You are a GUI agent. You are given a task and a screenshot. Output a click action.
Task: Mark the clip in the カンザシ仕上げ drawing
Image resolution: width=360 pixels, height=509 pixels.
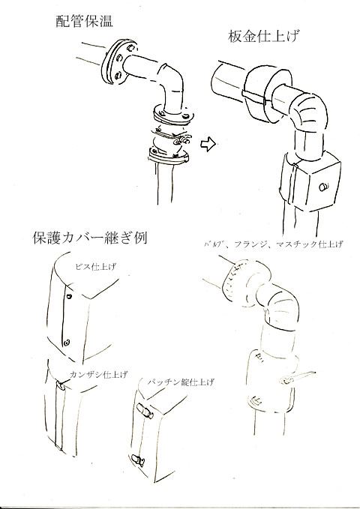(60, 387)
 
